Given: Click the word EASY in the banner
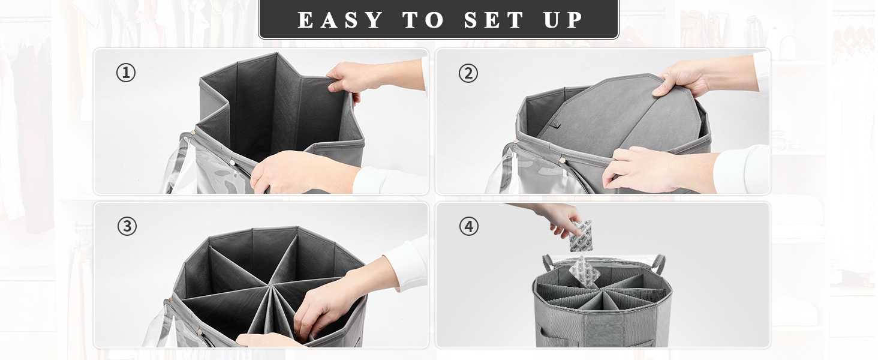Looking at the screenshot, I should [340, 20].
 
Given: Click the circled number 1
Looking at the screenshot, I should [126, 73].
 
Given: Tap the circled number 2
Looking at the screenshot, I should [468, 73].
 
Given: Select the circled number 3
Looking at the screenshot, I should [127, 227].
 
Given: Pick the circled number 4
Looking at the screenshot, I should [468, 227].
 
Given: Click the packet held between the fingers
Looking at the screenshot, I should [581, 236].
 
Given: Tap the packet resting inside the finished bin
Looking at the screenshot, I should [584, 271].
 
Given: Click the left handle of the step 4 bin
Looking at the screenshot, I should [548, 262].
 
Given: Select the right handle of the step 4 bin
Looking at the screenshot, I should [659, 263].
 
